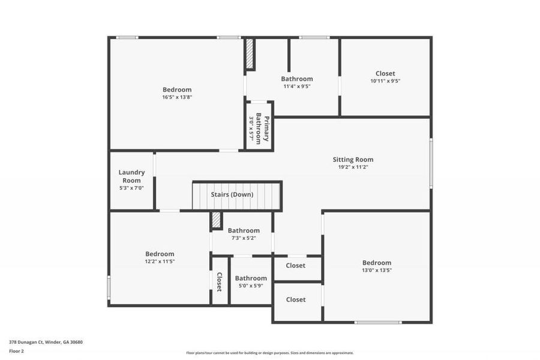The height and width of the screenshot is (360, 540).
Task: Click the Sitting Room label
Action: pos(353,160)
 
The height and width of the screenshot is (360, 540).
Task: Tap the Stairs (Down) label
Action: pos(232,194)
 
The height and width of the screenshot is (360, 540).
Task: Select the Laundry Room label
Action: pos(131,176)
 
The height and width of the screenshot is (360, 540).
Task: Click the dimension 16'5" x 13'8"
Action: pos(176,97)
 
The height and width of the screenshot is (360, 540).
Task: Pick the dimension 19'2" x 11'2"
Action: pos(353,167)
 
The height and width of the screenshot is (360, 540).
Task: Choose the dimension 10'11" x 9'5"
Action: pos(385,81)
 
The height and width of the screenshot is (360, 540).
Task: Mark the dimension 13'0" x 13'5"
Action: pos(377,270)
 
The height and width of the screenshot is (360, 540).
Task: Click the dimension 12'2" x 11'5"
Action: pos(160,262)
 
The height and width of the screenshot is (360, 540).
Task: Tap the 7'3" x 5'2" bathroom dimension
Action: pos(243,238)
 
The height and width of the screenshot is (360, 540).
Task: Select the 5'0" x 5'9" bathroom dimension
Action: pos(251,286)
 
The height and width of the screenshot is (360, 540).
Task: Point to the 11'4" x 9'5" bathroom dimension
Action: pos(297,86)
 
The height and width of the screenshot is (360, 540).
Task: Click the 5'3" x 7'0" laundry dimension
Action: pos(131,188)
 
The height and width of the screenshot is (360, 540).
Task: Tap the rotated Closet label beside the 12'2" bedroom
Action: pos(220,281)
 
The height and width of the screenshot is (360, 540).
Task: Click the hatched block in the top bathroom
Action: pos(250,55)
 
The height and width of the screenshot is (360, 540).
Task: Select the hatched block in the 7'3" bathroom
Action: pos(216,220)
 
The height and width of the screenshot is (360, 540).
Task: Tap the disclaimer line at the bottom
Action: pos(269,353)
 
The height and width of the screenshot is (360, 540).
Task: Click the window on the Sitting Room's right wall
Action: pos(431,163)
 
